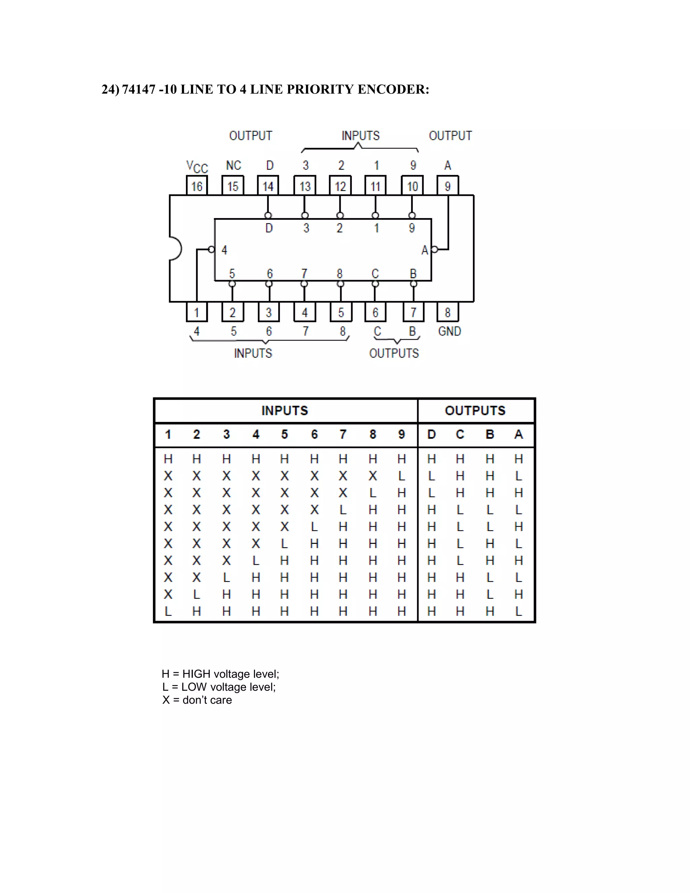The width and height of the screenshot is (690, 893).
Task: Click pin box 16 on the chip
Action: click(197, 186)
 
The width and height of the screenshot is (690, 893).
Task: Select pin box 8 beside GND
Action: click(448, 312)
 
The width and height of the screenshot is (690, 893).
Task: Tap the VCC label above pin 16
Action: click(197, 166)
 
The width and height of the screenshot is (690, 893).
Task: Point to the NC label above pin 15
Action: click(233, 165)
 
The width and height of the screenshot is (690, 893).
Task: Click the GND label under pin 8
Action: click(449, 331)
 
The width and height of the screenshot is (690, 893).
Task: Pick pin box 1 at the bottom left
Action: click(197, 312)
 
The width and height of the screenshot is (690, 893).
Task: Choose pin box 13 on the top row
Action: click(305, 186)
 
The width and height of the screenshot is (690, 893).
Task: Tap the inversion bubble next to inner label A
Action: click(435, 249)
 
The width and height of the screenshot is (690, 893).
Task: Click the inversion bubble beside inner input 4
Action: click(211, 249)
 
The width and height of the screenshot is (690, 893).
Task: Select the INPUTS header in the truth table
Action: click(284, 410)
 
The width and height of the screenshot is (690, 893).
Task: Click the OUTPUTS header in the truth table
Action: click(475, 410)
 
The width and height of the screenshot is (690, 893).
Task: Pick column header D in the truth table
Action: click(431, 434)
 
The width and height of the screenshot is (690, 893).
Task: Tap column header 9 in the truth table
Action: click(401, 434)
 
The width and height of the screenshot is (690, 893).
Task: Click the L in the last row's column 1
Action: click(167, 611)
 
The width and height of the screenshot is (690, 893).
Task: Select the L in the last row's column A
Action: click(518, 611)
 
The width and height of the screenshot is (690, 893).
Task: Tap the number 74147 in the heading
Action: click(138, 89)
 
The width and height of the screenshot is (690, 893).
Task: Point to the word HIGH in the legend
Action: click(196, 674)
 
